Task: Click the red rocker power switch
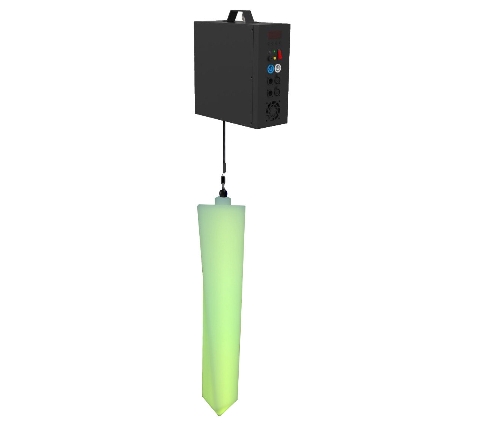[280, 55]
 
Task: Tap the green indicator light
[274, 51]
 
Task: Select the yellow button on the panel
[274, 58]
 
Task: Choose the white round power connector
[278, 68]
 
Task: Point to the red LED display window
[275, 35]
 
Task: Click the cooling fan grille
[273, 111]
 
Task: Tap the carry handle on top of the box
[240, 15]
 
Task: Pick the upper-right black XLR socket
[277, 80]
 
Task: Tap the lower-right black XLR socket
[277, 92]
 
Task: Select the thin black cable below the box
[224, 143]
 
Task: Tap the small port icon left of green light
[269, 51]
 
